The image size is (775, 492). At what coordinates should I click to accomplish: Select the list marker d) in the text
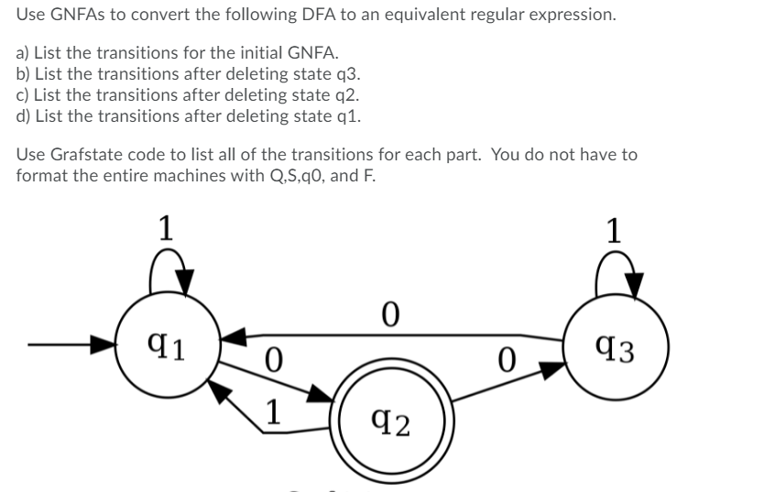click(24, 115)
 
